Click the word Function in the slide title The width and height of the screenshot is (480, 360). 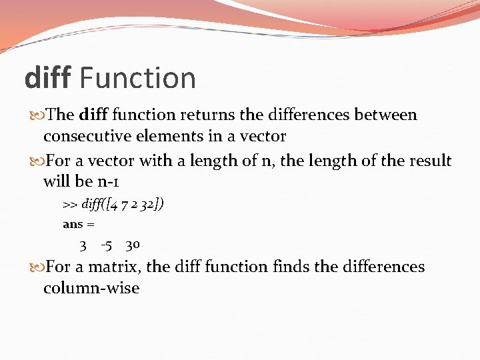[137, 78]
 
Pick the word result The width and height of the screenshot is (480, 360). [431, 161]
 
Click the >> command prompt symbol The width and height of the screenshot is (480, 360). [70, 204]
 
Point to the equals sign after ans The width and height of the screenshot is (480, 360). [90, 225]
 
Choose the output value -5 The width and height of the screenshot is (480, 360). [106, 245]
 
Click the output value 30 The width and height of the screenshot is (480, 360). [132, 245]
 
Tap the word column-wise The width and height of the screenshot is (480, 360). [91, 289]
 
